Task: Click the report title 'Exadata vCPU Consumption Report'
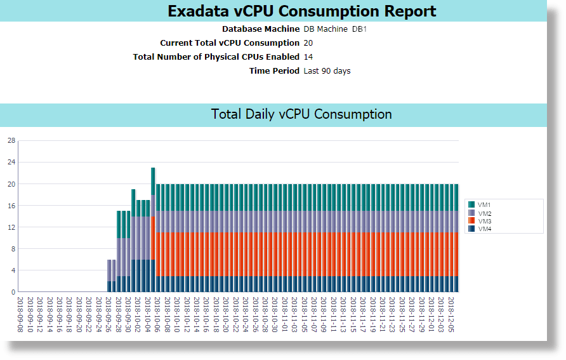[301, 11]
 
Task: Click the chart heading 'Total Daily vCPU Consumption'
[301, 114]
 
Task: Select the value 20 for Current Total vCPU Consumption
[308, 43]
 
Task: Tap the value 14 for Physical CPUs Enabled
[308, 57]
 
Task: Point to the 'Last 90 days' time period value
[327, 71]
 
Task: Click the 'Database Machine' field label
[260, 29]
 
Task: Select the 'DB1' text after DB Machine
[360, 29]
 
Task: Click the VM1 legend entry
[484, 204]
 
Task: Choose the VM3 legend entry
[484, 221]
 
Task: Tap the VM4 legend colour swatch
[471, 229]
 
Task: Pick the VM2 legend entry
[484, 213]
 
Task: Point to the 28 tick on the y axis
[11, 141]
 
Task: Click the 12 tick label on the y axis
[11, 227]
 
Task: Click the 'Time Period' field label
[274, 71]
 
